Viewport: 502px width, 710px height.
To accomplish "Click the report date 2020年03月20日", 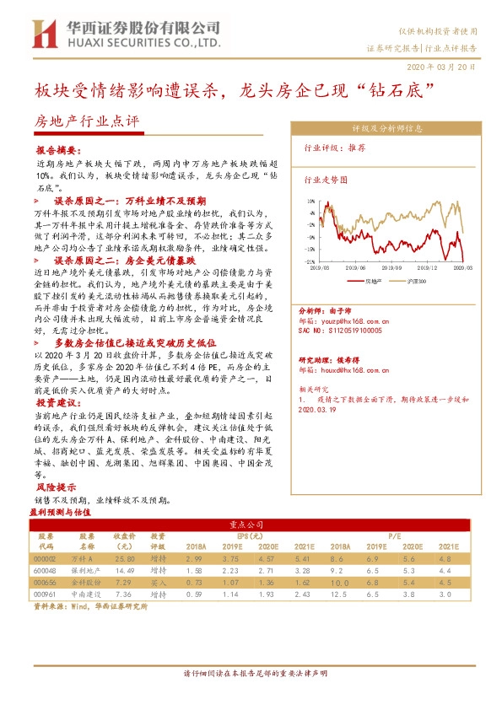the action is coord(446,66).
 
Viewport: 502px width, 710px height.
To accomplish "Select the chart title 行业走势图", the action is coord(326,180).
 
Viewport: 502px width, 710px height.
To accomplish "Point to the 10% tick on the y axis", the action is coord(311,202).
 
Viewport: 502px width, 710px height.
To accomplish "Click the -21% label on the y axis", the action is coord(310,262).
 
